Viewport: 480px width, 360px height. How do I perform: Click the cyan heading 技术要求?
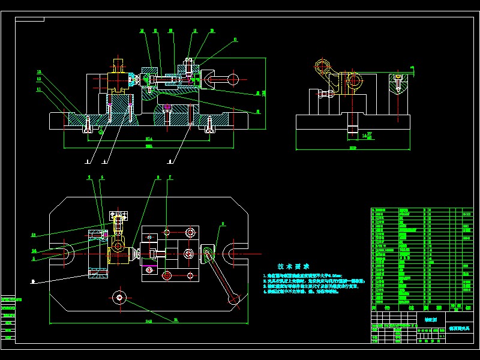(x=293, y=266)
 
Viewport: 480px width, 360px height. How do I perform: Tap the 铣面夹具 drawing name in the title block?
(x=461, y=329)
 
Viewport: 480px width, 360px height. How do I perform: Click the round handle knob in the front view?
(x=235, y=77)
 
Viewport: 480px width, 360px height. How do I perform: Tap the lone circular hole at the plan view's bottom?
(x=121, y=298)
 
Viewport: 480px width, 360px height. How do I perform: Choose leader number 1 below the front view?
(x=88, y=161)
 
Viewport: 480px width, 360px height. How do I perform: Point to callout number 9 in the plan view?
(x=223, y=224)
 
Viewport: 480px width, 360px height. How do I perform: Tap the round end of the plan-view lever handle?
(x=235, y=299)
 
